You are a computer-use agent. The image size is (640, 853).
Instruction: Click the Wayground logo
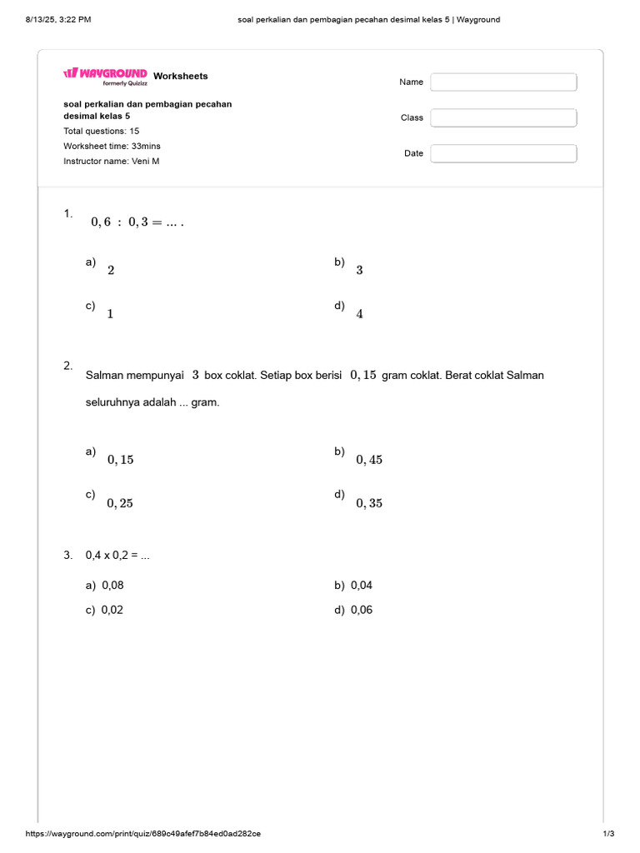(x=106, y=75)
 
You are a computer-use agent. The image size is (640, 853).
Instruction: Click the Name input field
(x=503, y=82)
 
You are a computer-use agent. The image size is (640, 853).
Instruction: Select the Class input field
(x=503, y=117)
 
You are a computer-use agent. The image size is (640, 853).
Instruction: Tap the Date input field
(x=503, y=153)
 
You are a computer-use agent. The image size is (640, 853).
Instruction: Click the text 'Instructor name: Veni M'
(x=111, y=161)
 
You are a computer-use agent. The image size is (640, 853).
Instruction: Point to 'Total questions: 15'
(x=102, y=131)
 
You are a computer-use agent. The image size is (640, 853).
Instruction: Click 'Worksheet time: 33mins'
(x=112, y=146)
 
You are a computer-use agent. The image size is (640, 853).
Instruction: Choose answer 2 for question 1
(x=111, y=271)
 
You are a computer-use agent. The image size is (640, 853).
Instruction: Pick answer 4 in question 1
(x=359, y=314)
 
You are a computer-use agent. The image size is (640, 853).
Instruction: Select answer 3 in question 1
(x=359, y=271)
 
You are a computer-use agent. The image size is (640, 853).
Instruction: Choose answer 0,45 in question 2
(x=368, y=460)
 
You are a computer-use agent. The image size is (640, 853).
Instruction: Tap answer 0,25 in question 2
(x=120, y=503)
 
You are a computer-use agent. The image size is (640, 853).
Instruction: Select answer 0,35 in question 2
(x=368, y=503)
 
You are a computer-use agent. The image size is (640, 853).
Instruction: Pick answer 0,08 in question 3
(x=112, y=586)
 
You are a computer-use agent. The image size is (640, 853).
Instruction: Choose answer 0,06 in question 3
(x=362, y=610)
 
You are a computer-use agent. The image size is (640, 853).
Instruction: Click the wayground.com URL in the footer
(x=143, y=834)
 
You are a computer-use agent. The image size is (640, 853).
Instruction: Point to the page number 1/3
(x=607, y=834)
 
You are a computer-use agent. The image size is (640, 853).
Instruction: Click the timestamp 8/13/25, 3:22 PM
(x=58, y=19)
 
